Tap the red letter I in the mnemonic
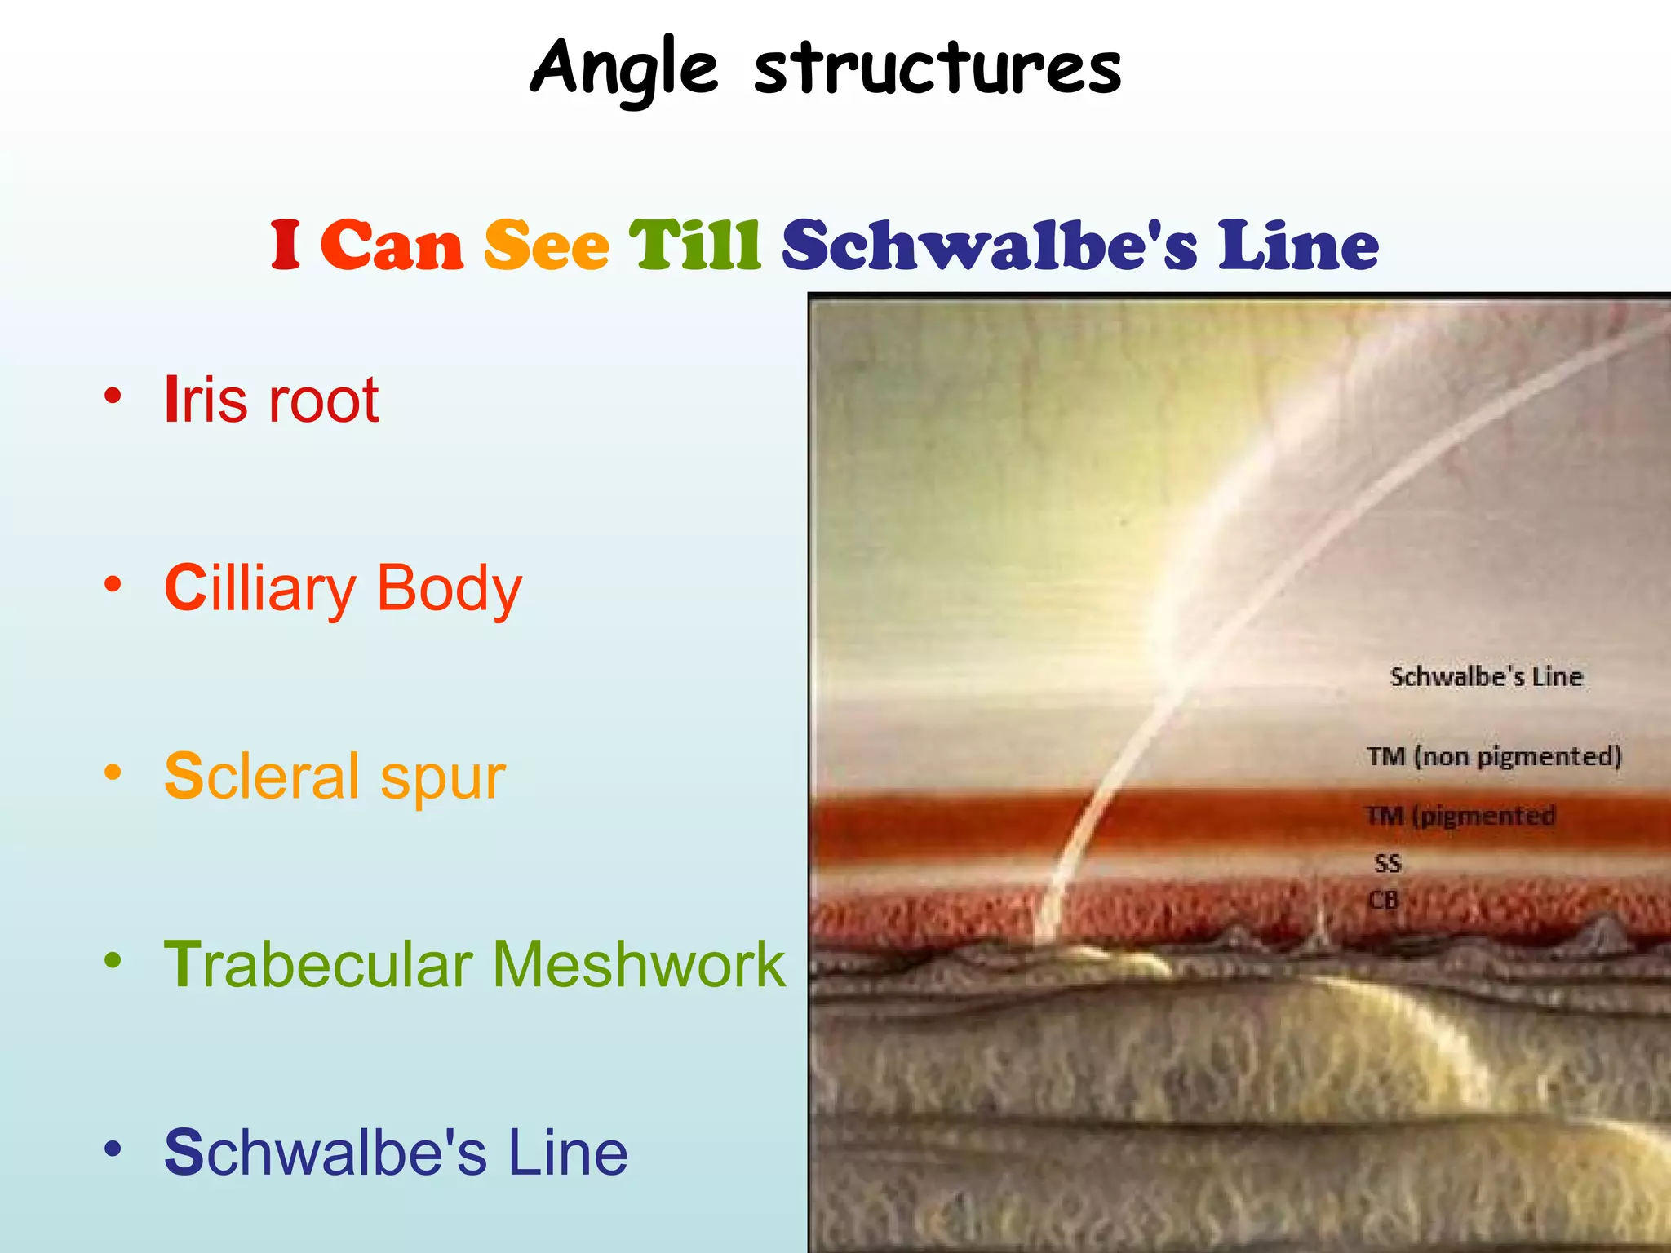286,245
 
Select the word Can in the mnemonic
392,245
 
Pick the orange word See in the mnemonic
547,245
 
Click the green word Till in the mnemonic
695,245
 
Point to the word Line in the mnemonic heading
1298,245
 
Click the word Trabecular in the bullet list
319,965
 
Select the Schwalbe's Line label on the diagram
1486,677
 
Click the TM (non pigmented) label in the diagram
1494,756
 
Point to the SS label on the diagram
1388,863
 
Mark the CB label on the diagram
1384,900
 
